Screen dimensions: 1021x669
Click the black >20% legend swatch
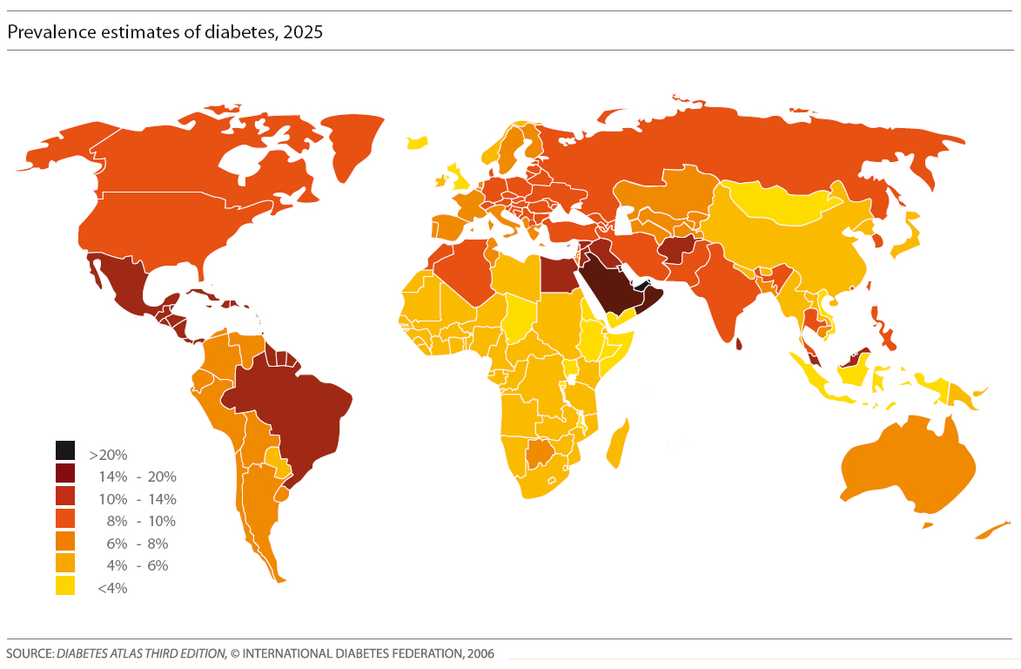[x=65, y=450]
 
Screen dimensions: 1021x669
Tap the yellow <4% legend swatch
[x=65, y=586]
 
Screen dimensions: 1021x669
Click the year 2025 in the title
[x=306, y=32]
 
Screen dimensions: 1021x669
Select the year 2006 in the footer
[x=480, y=653]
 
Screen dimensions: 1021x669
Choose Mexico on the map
[x=122, y=287]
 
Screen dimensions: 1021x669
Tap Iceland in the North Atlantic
[x=418, y=141]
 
